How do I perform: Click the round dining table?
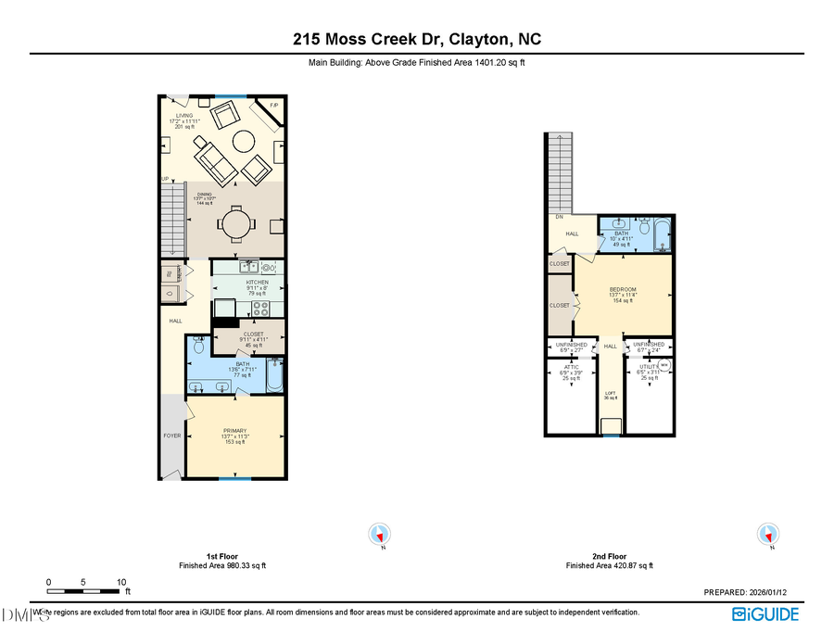[233, 224]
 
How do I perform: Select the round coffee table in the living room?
[244, 141]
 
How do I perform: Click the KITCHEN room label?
[257, 282]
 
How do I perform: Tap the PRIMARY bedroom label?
[234, 431]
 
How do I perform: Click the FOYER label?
[171, 434]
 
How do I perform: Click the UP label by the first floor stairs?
[165, 179]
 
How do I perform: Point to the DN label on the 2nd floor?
[560, 217]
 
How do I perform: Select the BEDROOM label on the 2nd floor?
[622, 289]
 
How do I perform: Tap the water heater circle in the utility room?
[664, 365]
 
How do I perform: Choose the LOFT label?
[610, 393]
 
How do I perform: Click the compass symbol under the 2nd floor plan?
[767, 535]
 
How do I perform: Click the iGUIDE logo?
[766, 613]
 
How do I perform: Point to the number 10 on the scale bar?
[121, 582]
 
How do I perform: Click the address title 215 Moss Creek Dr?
[416, 39]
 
